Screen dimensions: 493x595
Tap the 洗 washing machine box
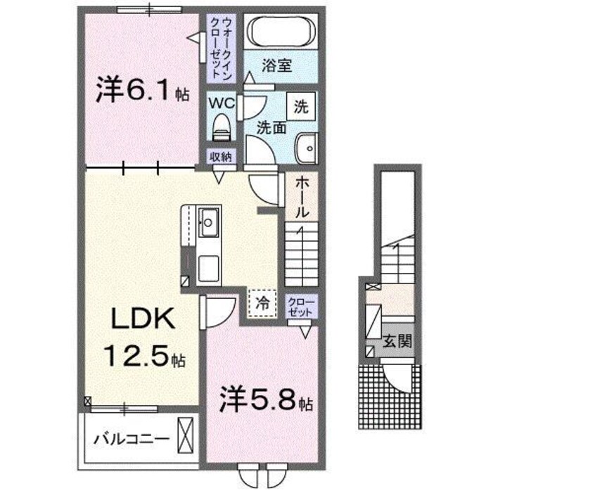(x=301, y=108)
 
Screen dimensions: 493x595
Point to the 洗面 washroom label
(x=270, y=129)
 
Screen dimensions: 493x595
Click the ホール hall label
(x=301, y=197)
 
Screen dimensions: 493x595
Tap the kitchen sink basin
(x=208, y=224)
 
